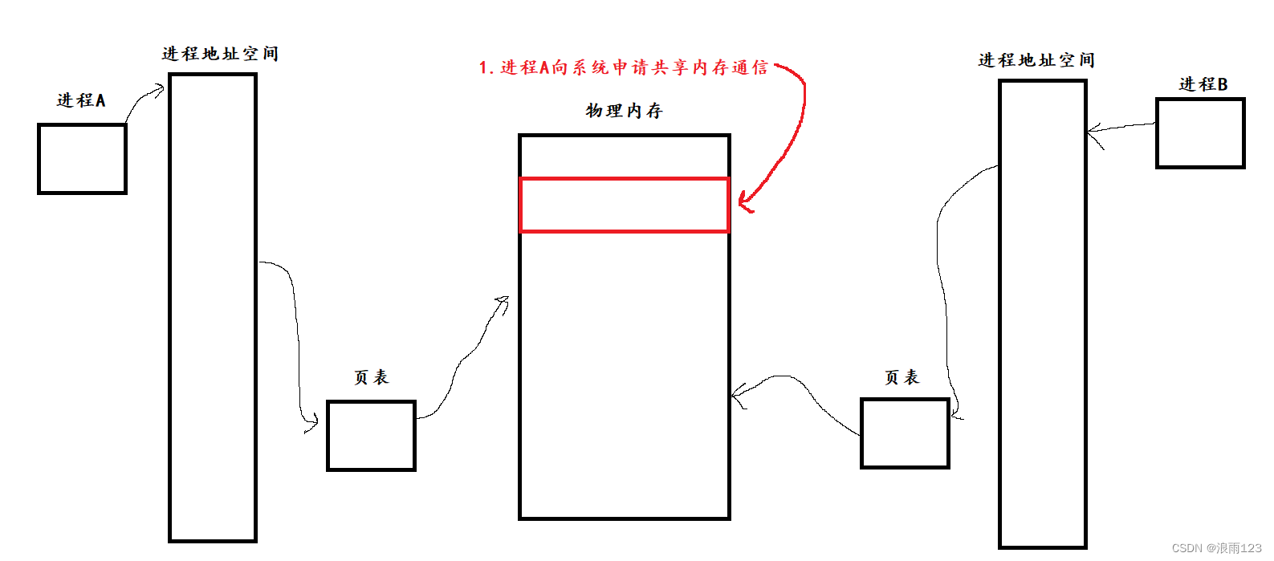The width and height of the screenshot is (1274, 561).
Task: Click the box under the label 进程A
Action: pyautogui.click(x=82, y=159)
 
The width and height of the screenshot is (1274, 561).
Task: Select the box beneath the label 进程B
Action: pyautogui.click(x=1200, y=133)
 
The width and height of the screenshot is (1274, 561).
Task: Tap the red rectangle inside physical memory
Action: pyautogui.click(x=625, y=205)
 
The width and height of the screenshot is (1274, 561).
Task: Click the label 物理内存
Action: pyautogui.click(x=624, y=111)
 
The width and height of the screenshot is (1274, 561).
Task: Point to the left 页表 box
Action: pyautogui.click(x=371, y=435)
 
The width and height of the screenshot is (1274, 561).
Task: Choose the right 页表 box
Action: pyautogui.click(x=905, y=433)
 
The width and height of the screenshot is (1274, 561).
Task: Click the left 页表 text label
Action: pyautogui.click(x=371, y=377)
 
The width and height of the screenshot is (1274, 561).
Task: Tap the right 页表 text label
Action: pyautogui.click(x=902, y=377)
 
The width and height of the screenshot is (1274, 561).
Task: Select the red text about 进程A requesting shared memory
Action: pyautogui.click(x=623, y=67)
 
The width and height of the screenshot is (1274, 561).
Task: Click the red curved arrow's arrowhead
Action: pyautogui.click(x=744, y=202)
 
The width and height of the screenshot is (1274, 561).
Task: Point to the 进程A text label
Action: pyautogui.click(x=81, y=100)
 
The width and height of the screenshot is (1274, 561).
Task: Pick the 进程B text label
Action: pyautogui.click(x=1203, y=84)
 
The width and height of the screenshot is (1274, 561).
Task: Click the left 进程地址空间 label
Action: pyautogui.click(x=220, y=54)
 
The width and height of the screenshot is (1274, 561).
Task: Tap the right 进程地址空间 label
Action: pyautogui.click(x=1036, y=60)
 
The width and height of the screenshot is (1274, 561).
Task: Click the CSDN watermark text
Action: pyautogui.click(x=1216, y=548)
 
